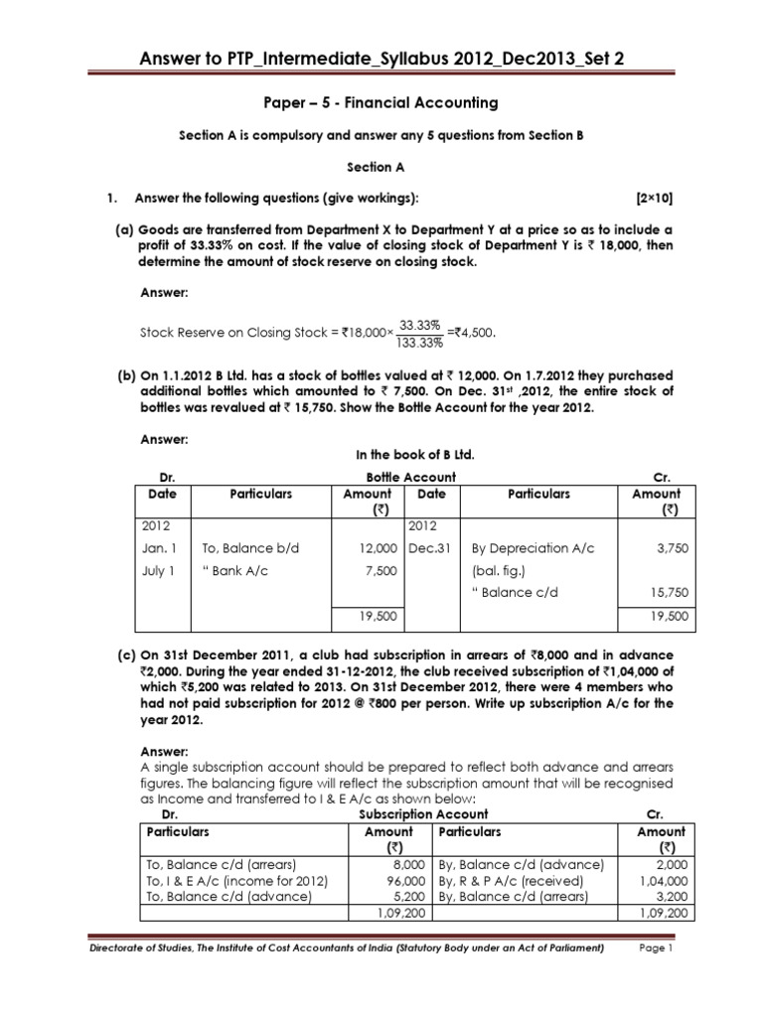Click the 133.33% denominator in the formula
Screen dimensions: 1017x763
click(419, 343)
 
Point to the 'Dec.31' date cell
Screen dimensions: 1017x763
click(429, 547)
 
